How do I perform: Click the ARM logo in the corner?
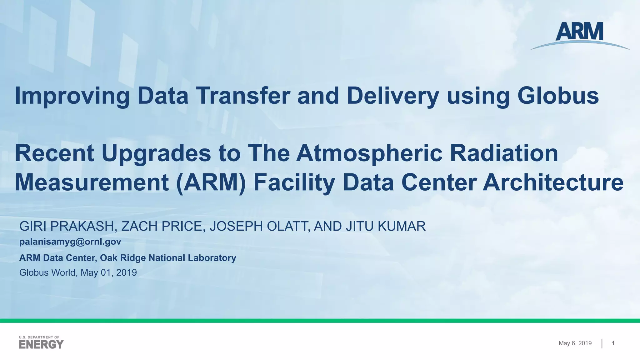tap(580, 35)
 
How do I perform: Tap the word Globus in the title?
tap(558, 96)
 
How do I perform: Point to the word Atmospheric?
tap(369, 154)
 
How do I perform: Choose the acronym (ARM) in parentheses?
tap(211, 183)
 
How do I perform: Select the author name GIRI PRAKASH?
tap(67, 226)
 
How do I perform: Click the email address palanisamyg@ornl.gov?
tap(70, 242)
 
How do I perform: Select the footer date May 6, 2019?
tap(575, 343)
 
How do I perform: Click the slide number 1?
tap(613, 343)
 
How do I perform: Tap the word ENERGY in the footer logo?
tap(41, 344)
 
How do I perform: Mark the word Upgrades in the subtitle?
tap(156, 154)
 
